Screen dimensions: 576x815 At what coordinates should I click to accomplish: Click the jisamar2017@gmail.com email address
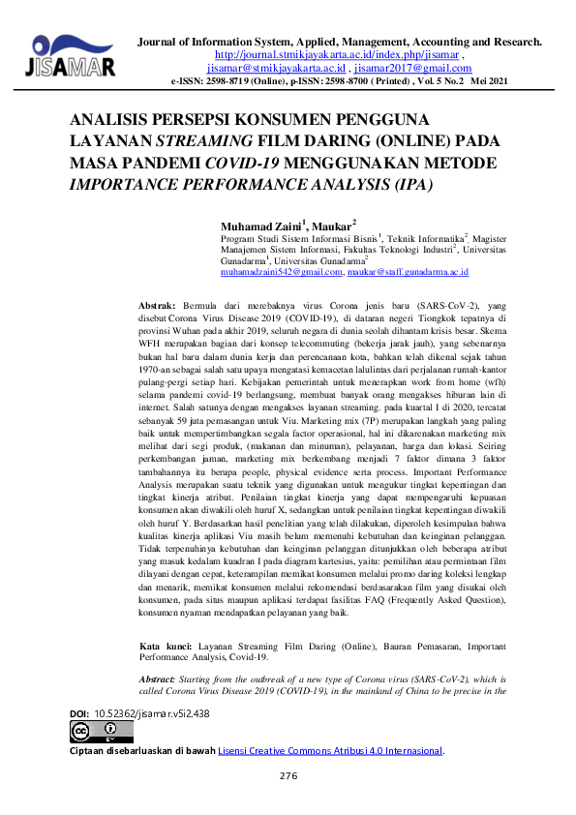pyautogui.click(x=414, y=69)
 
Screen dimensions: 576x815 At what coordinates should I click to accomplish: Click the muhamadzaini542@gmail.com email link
pyautogui.click(x=282, y=274)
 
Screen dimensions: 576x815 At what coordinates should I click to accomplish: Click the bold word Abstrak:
pyautogui.click(x=158, y=303)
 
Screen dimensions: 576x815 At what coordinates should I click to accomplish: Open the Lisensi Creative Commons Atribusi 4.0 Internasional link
pyautogui.click(x=330, y=750)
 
